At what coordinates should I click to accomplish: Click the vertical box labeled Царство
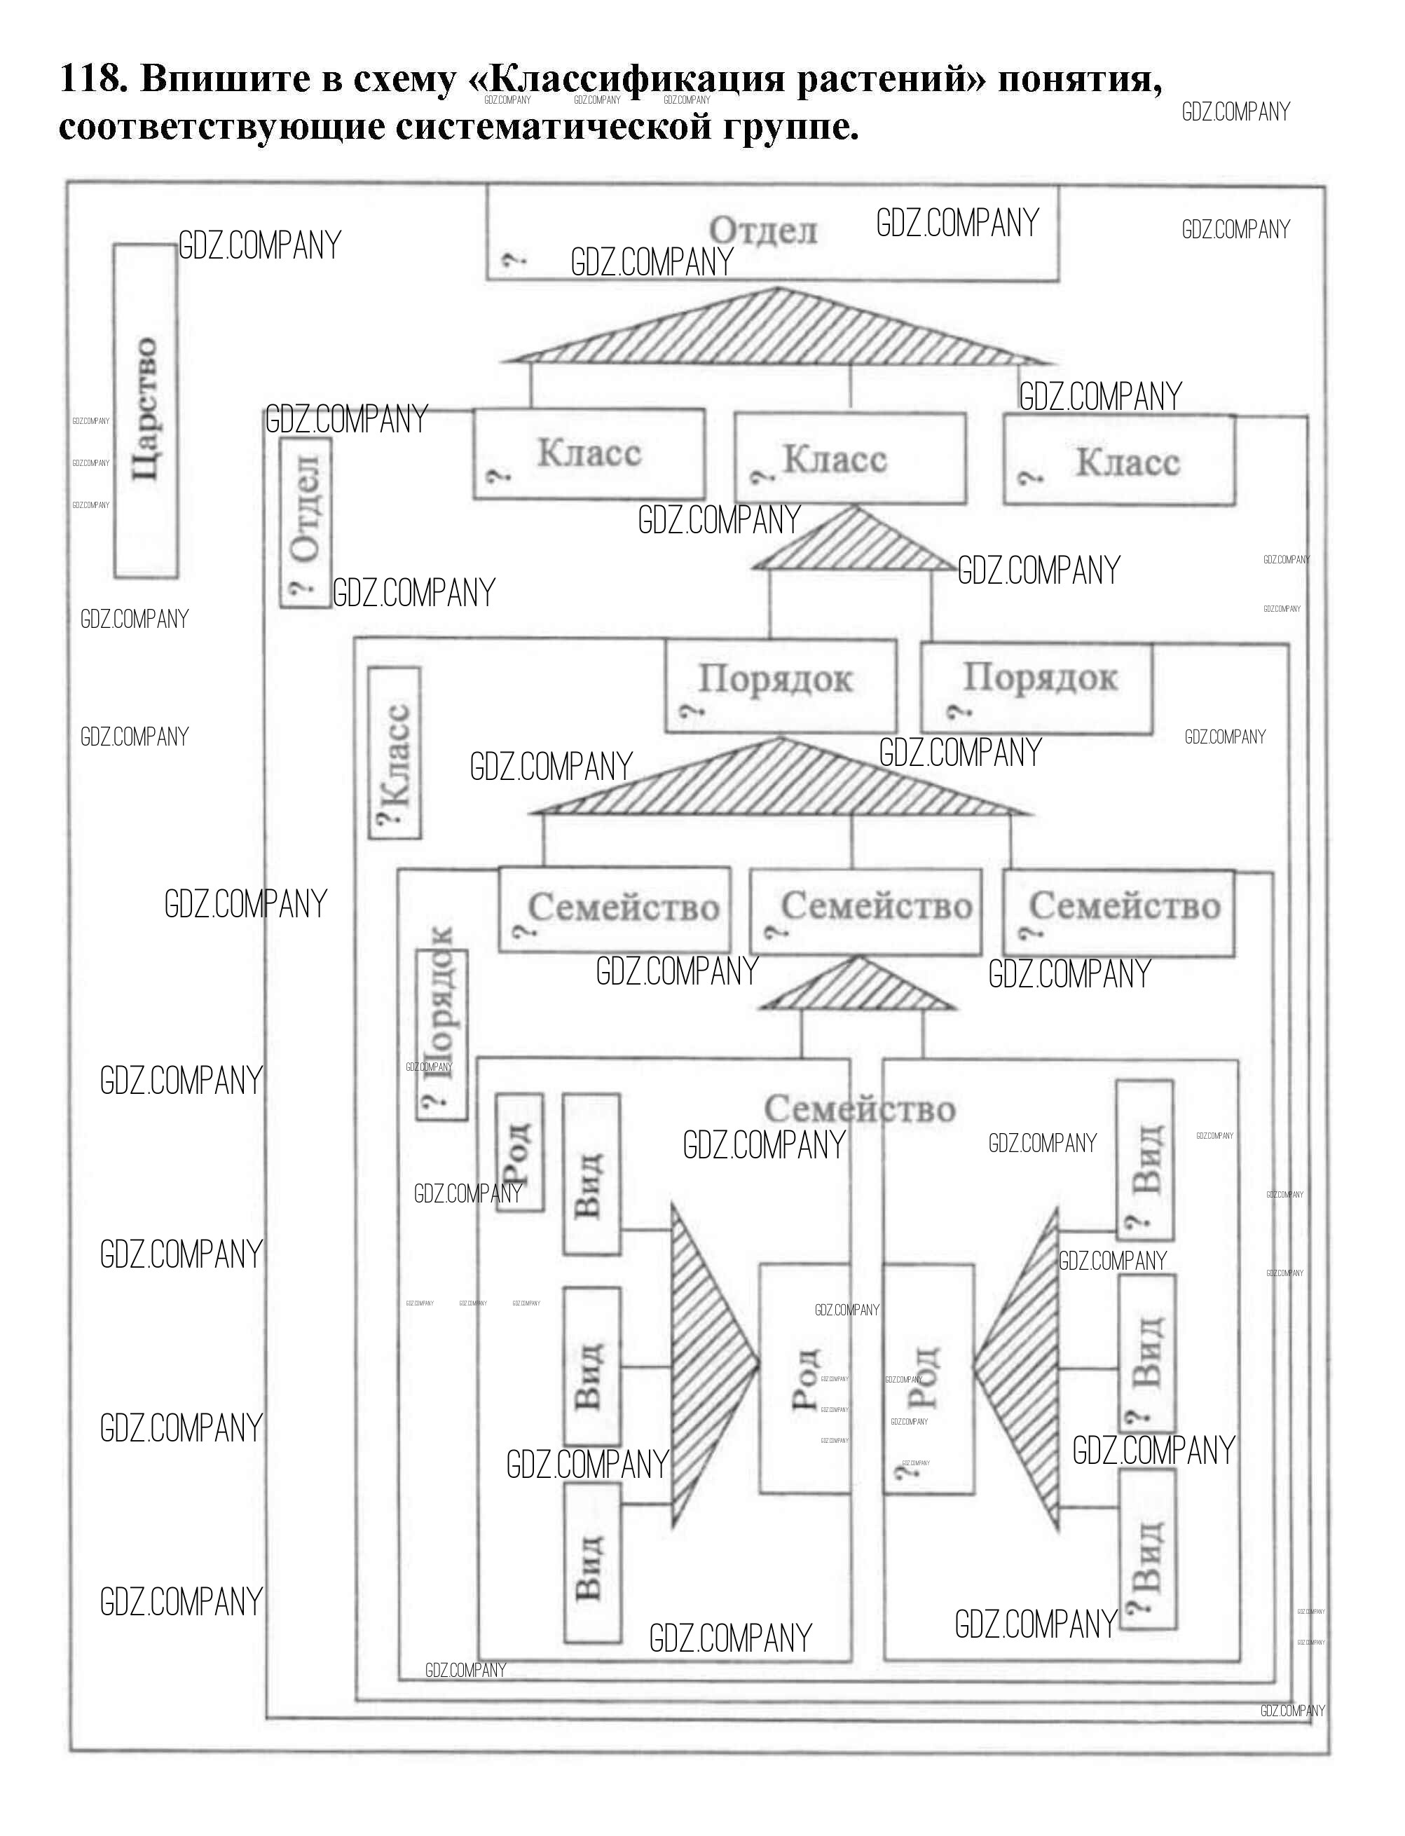(x=146, y=410)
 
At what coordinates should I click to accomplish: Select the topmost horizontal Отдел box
(x=772, y=233)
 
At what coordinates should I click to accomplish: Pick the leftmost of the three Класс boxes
(x=589, y=454)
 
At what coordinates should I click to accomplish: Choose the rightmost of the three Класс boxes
(x=1119, y=462)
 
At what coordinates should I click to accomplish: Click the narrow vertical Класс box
(x=395, y=753)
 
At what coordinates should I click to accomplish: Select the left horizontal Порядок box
(x=780, y=686)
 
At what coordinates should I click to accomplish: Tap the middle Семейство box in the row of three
(x=865, y=912)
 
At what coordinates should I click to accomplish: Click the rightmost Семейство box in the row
(x=1119, y=912)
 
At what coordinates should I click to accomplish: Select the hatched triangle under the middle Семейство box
(x=856, y=987)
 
